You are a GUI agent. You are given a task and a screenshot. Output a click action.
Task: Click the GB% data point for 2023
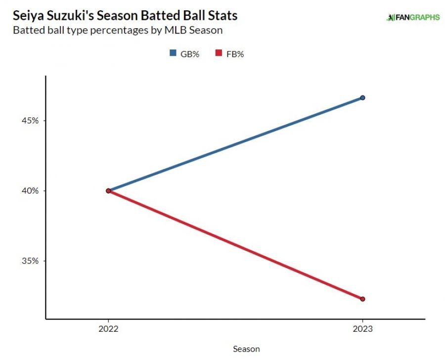(362, 98)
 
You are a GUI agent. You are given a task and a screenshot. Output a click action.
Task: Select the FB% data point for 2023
(362, 299)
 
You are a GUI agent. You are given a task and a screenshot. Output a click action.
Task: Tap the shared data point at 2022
(108, 191)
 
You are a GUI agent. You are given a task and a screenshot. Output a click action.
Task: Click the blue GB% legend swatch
(173, 54)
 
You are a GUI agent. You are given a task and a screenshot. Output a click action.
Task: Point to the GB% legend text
(189, 54)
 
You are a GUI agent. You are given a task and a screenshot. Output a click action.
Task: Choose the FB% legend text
(235, 54)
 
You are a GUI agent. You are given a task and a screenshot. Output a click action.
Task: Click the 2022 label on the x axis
(108, 329)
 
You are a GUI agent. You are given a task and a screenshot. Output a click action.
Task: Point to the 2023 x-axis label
(362, 329)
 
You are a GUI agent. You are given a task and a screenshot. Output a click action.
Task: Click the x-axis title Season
(246, 349)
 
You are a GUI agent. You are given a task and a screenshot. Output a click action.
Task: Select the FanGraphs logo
(412, 17)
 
